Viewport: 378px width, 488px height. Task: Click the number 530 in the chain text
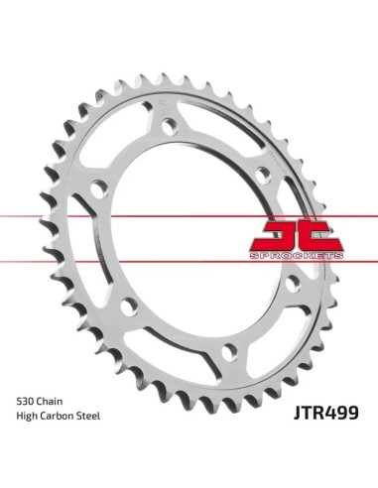coord(25,402)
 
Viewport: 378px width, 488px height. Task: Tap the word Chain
coord(50,402)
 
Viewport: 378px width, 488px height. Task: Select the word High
coord(27,417)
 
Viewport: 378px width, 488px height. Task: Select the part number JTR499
coord(325,413)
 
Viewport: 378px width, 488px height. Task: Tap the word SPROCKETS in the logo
coord(297,256)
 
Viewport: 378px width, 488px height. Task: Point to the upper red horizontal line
coord(189,216)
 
